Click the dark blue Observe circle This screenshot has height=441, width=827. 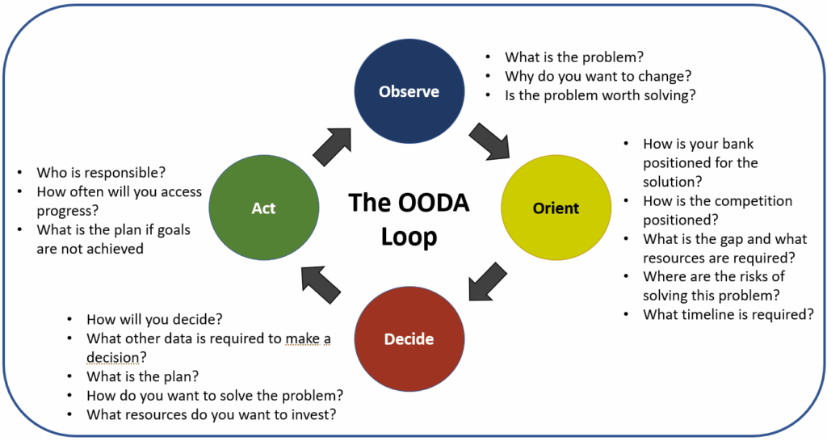pyautogui.click(x=409, y=90)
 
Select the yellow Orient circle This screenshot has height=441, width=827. pyautogui.click(x=555, y=208)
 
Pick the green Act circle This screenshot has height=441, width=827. pyautogui.click(x=262, y=208)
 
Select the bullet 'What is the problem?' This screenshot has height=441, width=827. pyautogui.click(x=574, y=57)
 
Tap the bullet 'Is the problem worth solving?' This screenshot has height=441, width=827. pyautogui.click(x=600, y=94)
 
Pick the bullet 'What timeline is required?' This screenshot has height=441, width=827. pyautogui.click(x=728, y=314)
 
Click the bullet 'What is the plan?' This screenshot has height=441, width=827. pyautogui.click(x=143, y=376)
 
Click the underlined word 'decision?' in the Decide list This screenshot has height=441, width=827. pyautogui.click(x=119, y=357)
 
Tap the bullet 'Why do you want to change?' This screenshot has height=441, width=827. pyautogui.click(x=598, y=76)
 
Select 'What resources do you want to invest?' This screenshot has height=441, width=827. pyautogui.click(x=212, y=414)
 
